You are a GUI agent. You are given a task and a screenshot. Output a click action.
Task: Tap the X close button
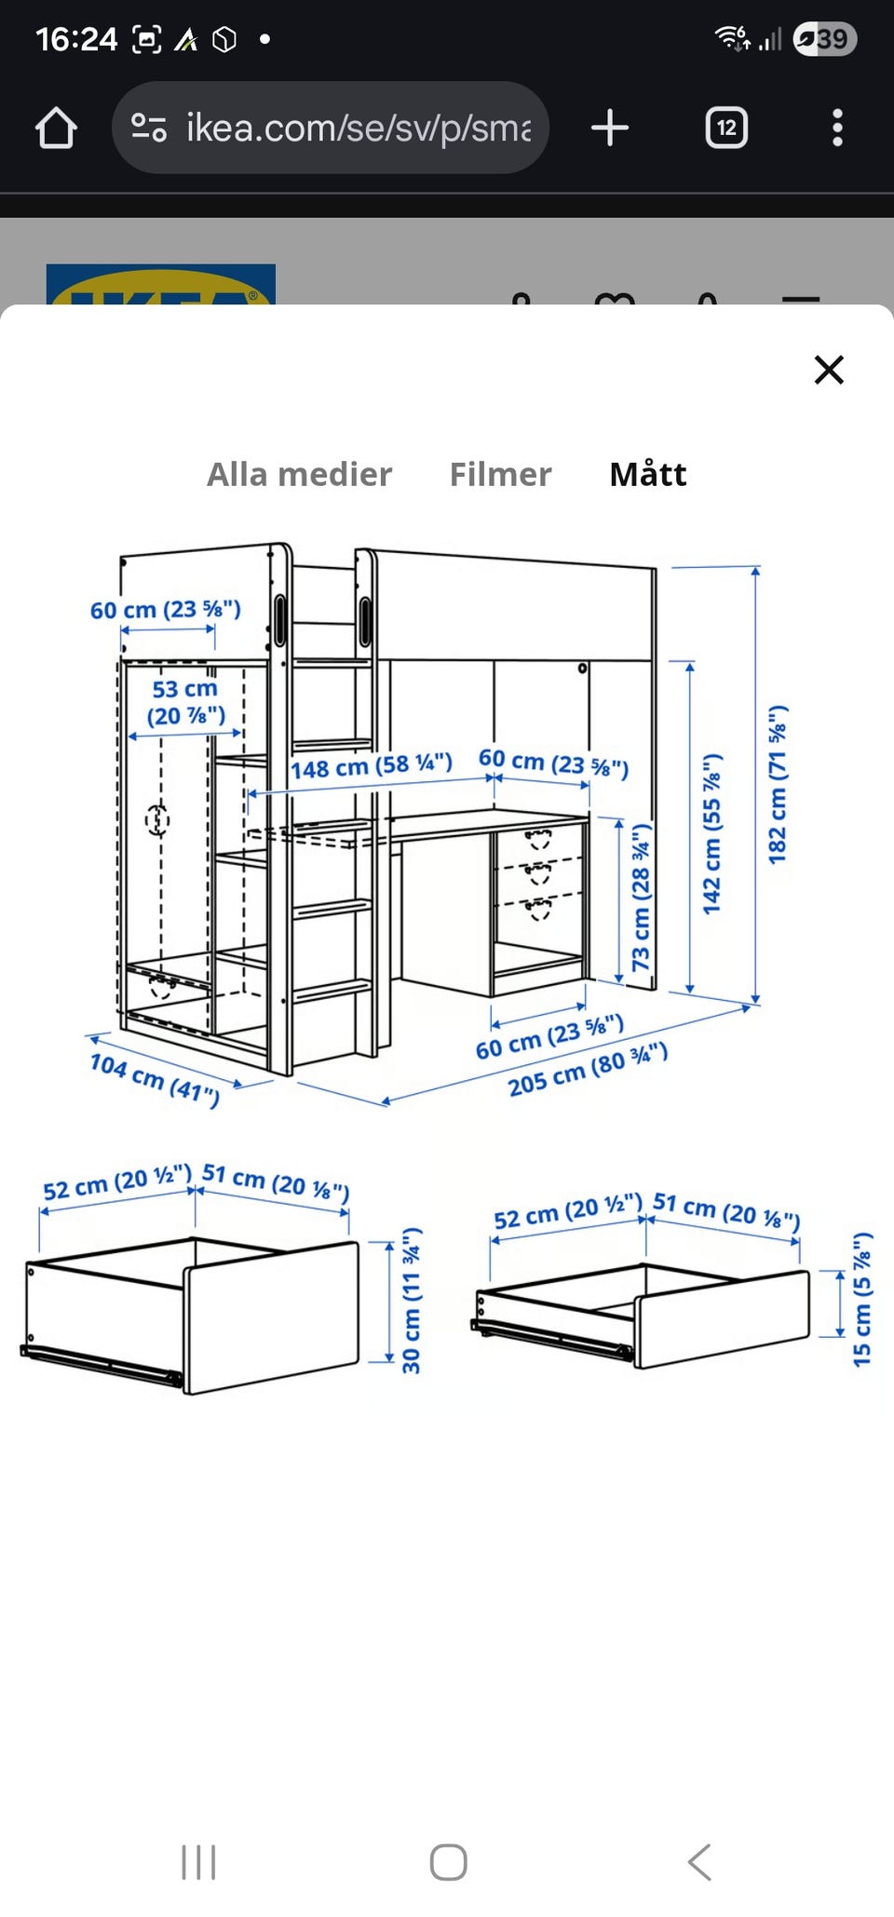[x=829, y=370]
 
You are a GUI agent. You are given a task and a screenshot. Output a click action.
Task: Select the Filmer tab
[x=500, y=474]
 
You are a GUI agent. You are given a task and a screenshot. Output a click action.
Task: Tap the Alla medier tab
[x=299, y=474]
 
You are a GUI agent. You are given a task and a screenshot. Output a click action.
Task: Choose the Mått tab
[x=648, y=474]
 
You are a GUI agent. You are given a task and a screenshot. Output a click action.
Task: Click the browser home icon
[x=56, y=128]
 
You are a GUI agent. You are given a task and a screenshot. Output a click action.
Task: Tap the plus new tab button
[x=610, y=128]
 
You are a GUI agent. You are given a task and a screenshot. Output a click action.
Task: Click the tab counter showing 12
[x=726, y=128]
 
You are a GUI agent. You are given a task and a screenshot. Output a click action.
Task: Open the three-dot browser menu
[x=837, y=128]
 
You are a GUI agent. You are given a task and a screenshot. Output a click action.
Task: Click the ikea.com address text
[x=359, y=128]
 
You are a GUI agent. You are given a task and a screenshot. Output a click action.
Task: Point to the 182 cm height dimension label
[x=778, y=784]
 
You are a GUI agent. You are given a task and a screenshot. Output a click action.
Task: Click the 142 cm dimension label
[x=712, y=833]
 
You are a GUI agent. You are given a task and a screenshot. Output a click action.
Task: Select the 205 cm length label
[x=588, y=1070]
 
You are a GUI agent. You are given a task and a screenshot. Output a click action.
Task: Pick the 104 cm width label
[x=155, y=1079]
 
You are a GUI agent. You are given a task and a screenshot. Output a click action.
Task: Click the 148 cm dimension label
[x=371, y=765]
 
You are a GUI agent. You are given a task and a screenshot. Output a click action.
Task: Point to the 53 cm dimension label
[x=185, y=702]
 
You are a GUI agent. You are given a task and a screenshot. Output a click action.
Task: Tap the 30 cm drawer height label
[x=412, y=1300]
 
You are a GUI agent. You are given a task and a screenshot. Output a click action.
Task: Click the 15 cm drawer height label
[x=862, y=1300]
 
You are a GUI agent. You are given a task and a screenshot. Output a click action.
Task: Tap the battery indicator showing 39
[x=825, y=39]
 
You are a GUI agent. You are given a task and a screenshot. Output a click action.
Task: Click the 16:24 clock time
[x=76, y=39]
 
